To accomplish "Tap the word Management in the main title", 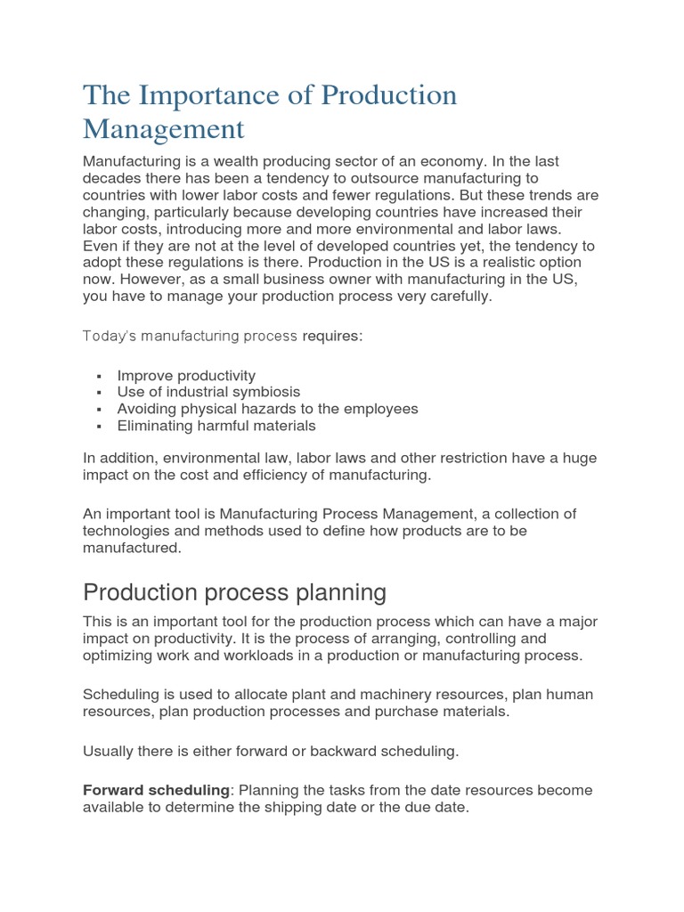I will click(163, 129).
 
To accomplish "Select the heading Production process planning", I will click(234, 592).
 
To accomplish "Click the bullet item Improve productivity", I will click(186, 376).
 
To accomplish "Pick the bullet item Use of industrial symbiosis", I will click(208, 392).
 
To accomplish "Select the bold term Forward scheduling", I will click(157, 791).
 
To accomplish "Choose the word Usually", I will click(110, 751).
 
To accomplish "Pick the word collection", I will click(527, 514).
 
